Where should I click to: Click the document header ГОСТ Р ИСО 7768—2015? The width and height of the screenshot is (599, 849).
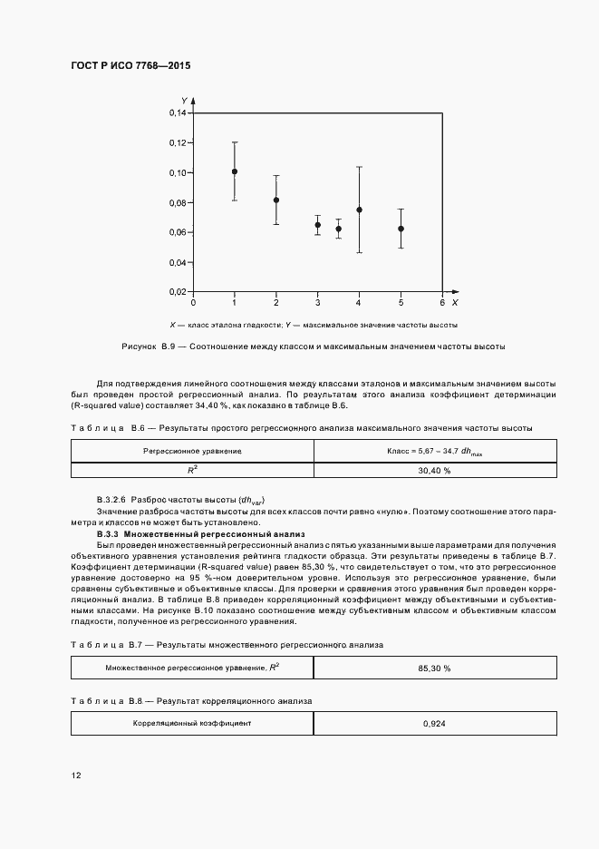click(130, 66)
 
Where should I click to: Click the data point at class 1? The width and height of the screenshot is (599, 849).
click(235, 171)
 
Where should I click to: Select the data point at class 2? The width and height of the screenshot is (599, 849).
click(276, 200)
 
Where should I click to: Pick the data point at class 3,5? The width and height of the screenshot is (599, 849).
click(339, 229)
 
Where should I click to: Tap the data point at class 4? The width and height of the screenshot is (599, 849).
click(360, 210)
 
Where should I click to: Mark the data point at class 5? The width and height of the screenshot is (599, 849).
click(401, 229)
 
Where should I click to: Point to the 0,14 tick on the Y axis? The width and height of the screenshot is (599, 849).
click(178, 113)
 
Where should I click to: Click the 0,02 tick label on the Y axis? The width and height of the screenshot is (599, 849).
click(178, 292)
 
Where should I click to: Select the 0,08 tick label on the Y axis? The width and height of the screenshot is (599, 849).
click(178, 202)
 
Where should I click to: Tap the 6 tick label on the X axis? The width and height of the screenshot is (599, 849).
click(442, 302)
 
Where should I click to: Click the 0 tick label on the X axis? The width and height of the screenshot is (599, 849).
click(193, 302)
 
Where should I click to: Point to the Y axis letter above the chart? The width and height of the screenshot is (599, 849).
click(184, 100)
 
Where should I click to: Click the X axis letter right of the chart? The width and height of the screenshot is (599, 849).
click(455, 301)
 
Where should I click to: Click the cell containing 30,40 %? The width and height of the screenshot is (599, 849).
click(435, 471)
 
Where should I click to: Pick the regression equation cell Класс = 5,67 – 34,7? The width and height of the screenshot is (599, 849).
click(435, 451)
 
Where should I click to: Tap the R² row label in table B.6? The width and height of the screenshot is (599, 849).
click(192, 471)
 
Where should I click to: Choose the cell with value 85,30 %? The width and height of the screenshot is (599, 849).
click(435, 668)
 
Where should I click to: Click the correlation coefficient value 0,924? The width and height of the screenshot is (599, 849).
click(435, 724)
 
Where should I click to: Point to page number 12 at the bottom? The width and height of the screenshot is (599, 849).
click(76, 775)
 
